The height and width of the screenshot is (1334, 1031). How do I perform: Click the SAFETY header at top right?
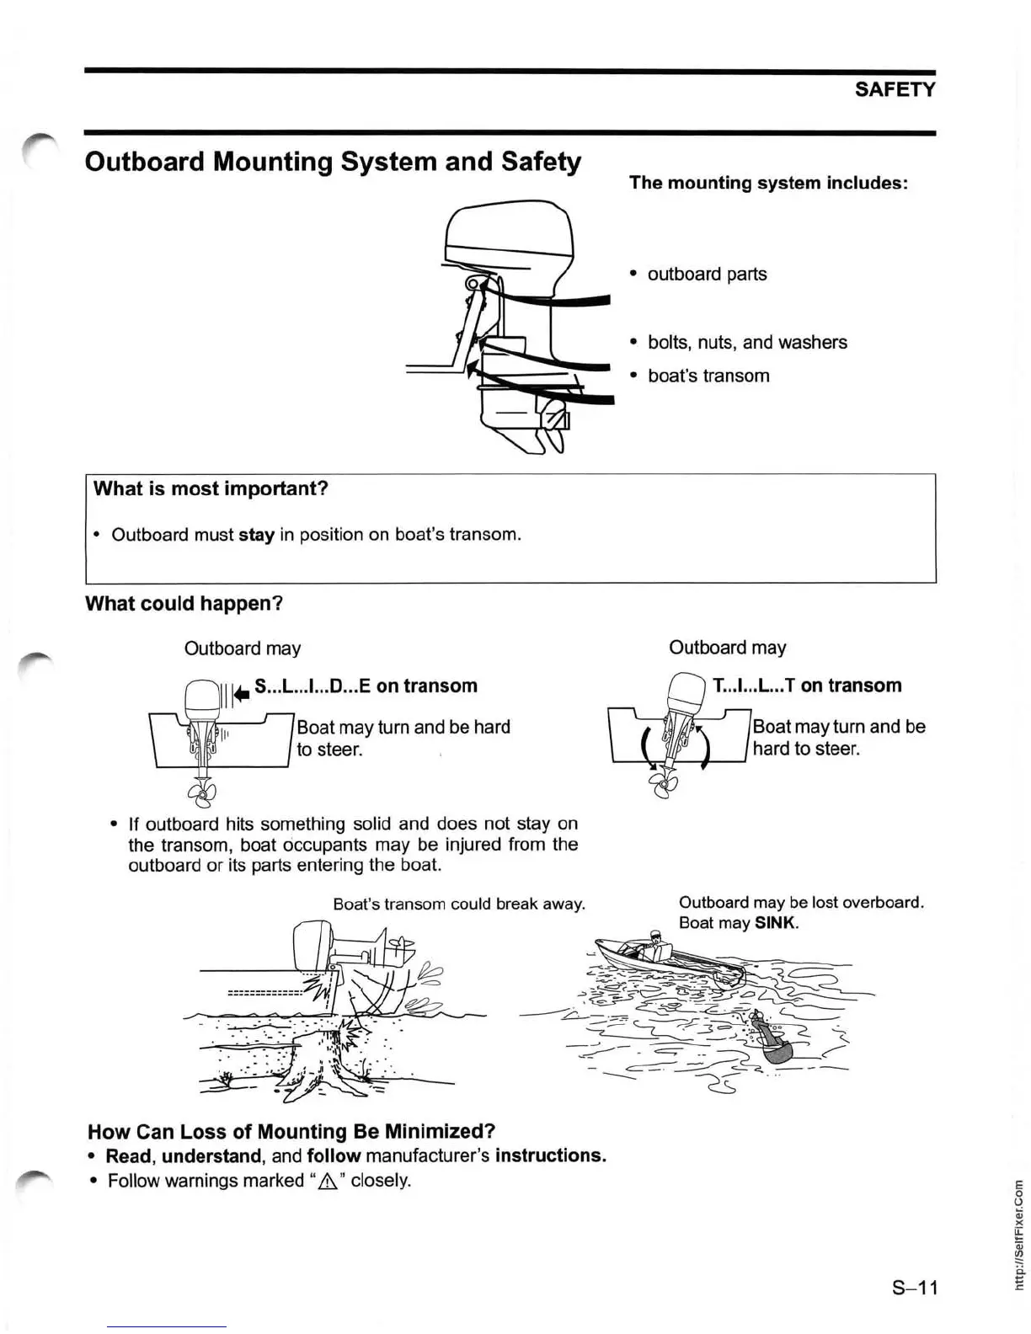click(x=895, y=89)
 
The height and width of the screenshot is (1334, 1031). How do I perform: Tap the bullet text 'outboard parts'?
click(x=707, y=275)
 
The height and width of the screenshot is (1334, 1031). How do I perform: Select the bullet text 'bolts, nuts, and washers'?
click(x=747, y=343)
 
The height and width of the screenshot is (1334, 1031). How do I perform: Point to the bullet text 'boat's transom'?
click(x=708, y=376)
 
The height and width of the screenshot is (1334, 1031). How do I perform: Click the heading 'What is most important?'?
click(x=211, y=489)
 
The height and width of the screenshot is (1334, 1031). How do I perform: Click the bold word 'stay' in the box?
click(x=257, y=536)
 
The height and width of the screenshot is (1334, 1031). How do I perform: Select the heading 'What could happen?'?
click(x=184, y=604)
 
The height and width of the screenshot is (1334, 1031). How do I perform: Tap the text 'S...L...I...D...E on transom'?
click(x=366, y=686)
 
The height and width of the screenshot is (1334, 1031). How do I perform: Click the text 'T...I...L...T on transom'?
click(x=807, y=686)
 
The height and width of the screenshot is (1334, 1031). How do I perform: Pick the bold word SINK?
click(x=776, y=923)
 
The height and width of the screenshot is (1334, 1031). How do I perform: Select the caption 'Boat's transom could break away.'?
click(x=459, y=904)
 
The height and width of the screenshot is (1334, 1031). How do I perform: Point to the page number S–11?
click(x=915, y=1288)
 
